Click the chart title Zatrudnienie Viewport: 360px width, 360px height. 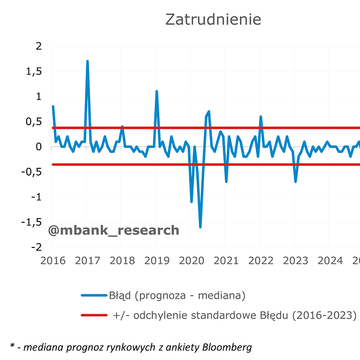(213, 19)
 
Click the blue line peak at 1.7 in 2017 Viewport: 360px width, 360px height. (87, 62)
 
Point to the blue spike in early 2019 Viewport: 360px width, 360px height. (157, 92)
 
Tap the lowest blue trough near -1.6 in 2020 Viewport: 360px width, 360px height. (200, 226)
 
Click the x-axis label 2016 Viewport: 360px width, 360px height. (53, 261)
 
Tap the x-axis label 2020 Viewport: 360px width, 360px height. (191, 261)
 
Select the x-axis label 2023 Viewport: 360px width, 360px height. (295, 261)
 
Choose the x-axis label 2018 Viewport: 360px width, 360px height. (122, 261)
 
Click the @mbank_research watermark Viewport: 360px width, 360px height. (113, 230)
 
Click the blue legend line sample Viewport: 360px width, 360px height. (94, 296)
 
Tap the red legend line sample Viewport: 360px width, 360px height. (94, 315)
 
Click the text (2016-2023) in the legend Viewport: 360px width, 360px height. (324, 315)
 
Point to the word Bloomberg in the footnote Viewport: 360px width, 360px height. (227, 346)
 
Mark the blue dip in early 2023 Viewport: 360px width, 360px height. (296, 181)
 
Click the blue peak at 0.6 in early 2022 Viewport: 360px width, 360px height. (261, 117)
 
